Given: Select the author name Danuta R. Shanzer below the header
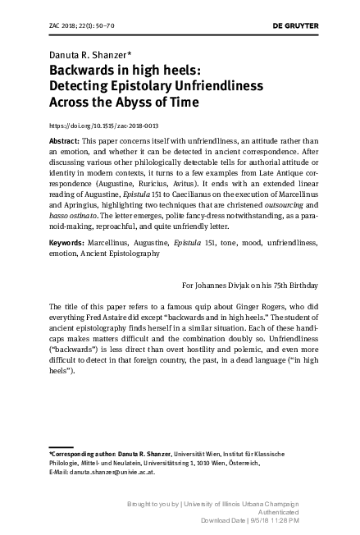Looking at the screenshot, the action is (84, 55).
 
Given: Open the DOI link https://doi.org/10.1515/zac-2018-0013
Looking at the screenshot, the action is (104, 126).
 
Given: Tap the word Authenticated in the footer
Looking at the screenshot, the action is (270, 510).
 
